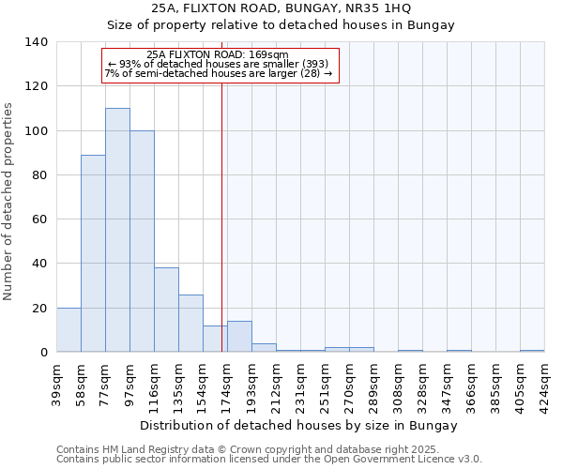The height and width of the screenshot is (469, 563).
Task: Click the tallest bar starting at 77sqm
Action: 117,230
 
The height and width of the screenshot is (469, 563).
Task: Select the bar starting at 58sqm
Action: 93,253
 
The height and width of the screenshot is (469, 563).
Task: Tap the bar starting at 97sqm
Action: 142,241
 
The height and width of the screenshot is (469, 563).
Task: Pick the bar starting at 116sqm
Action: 166,310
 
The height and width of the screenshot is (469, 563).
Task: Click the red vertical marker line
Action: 222,216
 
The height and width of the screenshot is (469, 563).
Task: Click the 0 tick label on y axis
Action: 44,353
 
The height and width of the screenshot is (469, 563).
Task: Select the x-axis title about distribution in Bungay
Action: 299,425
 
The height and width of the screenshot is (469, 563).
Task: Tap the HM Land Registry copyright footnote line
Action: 267,450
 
